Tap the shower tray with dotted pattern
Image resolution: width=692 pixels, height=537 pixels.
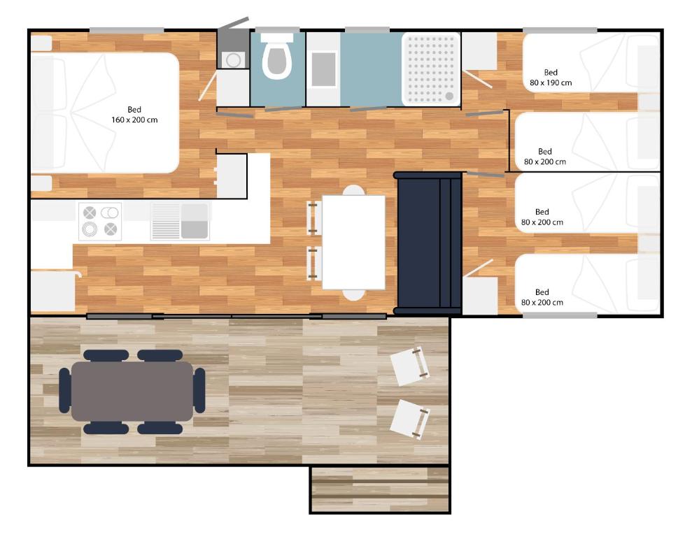click(431, 69)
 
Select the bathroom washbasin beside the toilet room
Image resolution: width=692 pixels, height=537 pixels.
click(323, 70)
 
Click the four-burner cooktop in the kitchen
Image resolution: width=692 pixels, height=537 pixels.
click(100, 221)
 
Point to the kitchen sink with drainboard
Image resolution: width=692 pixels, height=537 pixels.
click(180, 221)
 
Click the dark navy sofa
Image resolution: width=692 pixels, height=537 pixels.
click(428, 243)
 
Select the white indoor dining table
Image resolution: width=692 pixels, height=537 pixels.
click(353, 242)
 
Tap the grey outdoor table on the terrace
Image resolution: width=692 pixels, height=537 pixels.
click(132, 391)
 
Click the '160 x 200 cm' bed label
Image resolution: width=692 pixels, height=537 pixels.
click(134, 120)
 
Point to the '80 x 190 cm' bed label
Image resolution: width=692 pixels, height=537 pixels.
click(551, 83)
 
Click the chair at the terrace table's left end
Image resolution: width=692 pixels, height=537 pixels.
click(64, 391)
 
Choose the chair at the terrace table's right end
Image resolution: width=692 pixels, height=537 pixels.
click(199, 391)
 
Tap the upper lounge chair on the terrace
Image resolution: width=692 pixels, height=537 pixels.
click(410, 366)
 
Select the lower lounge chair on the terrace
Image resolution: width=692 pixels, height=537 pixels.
click(410, 419)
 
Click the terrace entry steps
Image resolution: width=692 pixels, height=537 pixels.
click(380, 489)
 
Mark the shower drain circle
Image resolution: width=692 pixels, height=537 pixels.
click(449, 96)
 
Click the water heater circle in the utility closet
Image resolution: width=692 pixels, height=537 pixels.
click(234, 59)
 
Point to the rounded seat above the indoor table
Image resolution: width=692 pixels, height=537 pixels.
click(353, 190)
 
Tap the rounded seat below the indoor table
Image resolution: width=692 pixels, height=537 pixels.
click(353, 295)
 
